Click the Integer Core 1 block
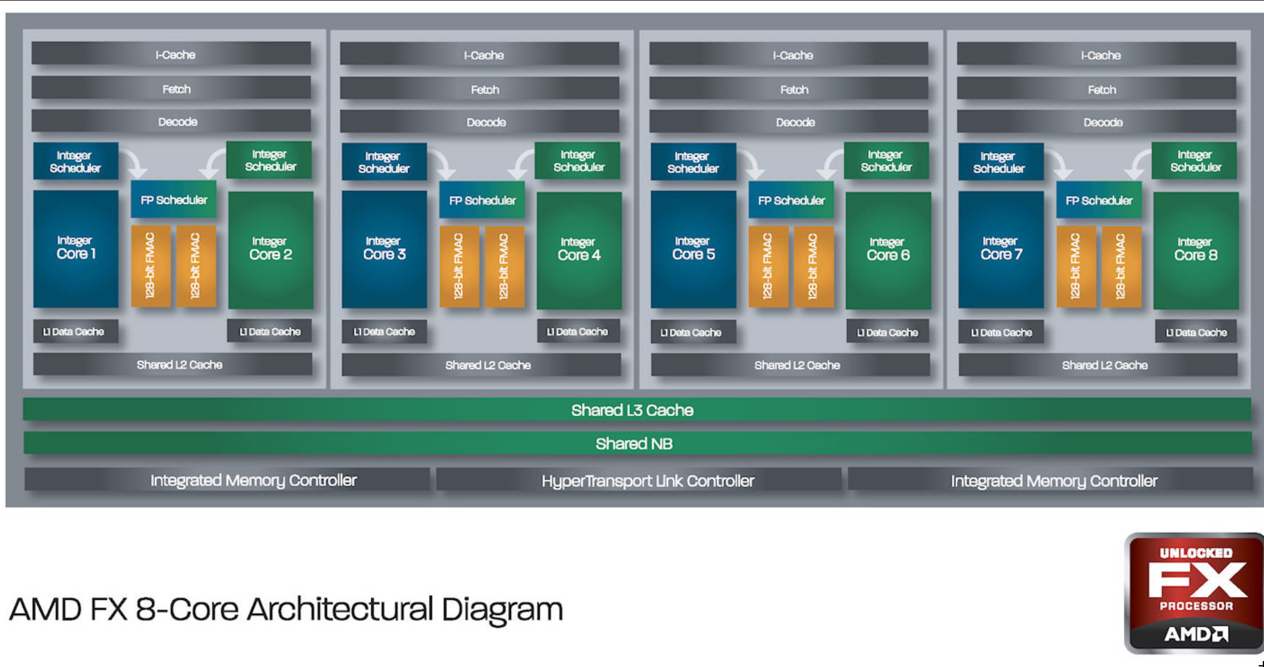click(x=75, y=248)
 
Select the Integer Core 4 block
click(x=579, y=250)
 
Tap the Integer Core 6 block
click(x=888, y=250)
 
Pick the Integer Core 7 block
click(x=1001, y=249)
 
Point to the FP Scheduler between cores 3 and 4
click(x=482, y=200)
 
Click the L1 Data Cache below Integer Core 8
click(x=1196, y=332)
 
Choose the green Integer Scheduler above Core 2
click(x=269, y=160)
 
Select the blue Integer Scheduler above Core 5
click(x=693, y=162)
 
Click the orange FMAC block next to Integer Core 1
click(x=150, y=266)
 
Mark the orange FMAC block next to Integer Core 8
click(x=1121, y=266)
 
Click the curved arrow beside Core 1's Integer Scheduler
click(x=135, y=163)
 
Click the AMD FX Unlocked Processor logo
click(x=1195, y=592)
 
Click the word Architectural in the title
click(x=341, y=610)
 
